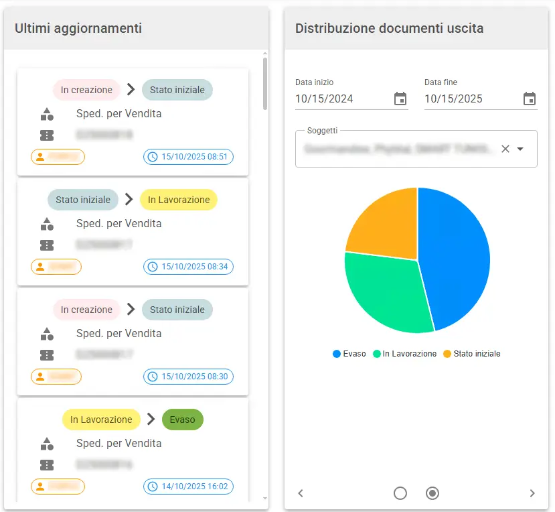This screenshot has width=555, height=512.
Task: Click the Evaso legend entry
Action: click(x=349, y=354)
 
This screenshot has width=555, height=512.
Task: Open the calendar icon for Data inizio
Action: click(x=400, y=99)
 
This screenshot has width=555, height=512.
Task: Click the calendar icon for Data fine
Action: click(x=530, y=99)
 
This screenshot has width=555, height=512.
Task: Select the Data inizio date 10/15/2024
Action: click(x=324, y=99)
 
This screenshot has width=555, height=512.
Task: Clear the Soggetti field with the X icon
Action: click(x=505, y=149)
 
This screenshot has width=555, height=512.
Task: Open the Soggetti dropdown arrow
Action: click(x=520, y=149)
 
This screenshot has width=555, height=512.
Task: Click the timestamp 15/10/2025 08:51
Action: click(x=188, y=157)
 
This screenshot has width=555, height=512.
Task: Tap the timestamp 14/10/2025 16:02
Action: click(x=188, y=487)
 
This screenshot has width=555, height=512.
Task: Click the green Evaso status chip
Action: click(x=182, y=420)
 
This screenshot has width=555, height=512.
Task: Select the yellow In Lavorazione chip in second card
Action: click(x=178, y=200)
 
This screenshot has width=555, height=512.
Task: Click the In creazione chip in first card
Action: click(x=86, y=90)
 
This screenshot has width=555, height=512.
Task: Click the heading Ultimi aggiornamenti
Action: click(x=78, y=28)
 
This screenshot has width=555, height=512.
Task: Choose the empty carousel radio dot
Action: click(x=400, y=493)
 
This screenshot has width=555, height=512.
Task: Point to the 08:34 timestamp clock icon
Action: click(x=153, y=267)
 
